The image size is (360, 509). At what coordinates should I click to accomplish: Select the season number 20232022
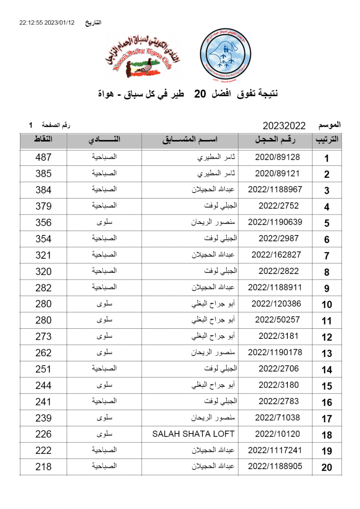click(x=284, y=126)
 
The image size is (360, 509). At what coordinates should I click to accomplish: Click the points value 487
click(x=43, y=157)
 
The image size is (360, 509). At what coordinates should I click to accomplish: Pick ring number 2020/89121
click(x=277, y=173)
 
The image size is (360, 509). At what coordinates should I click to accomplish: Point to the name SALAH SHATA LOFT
click(x=193, y=434)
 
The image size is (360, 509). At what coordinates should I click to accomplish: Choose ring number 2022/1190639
click(x=275, y=222)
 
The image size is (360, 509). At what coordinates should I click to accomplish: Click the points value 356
click(x=43, y=222)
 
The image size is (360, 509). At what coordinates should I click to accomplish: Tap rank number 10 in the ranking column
click(x=326, y=305)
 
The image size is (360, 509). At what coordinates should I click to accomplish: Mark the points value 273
click(x=43, y=336)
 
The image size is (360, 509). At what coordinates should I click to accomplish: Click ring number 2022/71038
click(x=277, y=418)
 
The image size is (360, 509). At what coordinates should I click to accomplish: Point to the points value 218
click(x=43, y=467)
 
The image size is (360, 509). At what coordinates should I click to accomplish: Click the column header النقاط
click(x=43, y=140)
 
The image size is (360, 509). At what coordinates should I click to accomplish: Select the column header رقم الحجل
click(x=276, y=140)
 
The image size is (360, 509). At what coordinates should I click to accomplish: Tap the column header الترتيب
click(x=326, y=140)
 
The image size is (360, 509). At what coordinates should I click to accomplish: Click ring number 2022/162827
click(x=276, y=255)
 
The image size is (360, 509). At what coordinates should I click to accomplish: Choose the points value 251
click(x=43, y=369)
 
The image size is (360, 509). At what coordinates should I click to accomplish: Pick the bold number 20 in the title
click(x=200, y=94)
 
